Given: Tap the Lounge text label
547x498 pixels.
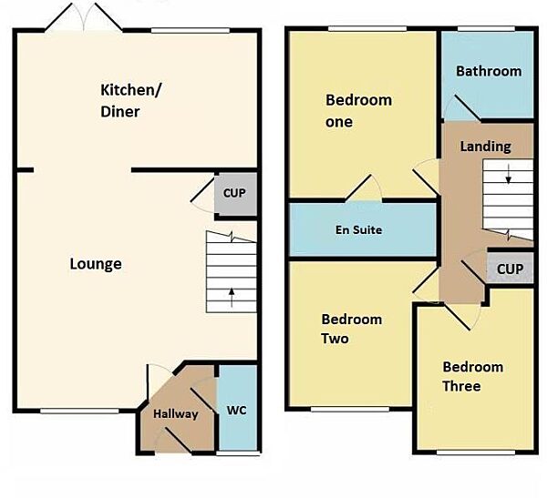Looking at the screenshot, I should click(96, 264).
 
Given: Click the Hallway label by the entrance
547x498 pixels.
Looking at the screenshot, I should click(175, 414).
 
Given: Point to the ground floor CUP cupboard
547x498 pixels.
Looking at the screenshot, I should click(234, 194).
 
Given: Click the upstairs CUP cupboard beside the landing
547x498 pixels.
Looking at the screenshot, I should click(510, 269).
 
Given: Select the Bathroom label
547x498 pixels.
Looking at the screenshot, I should click(489, 71).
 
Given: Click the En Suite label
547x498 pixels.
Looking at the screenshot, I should click(357, 230).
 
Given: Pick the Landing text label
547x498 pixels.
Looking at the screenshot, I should click(485, 147).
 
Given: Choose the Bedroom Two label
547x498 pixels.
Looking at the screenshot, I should click(351, 329).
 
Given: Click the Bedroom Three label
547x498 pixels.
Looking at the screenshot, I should click(472, 376).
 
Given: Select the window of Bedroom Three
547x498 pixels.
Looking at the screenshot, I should click(471, 452).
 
